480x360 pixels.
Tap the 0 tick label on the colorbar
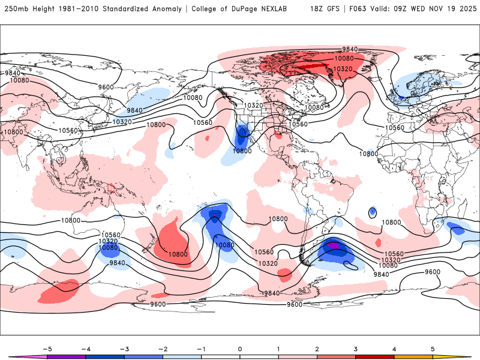pos(240,348)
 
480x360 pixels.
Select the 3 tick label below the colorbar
pos(355,348)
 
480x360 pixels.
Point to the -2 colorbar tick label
pos(163,348)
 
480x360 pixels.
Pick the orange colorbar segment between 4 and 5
pos(413,357)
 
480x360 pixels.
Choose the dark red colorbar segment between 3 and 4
pos(375,357)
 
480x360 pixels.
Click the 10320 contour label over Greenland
pos(343,69)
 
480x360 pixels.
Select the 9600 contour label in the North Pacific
pos(106,88)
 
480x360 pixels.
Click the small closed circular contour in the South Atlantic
pos(373,212)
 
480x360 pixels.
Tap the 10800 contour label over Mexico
pos(242,151)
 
